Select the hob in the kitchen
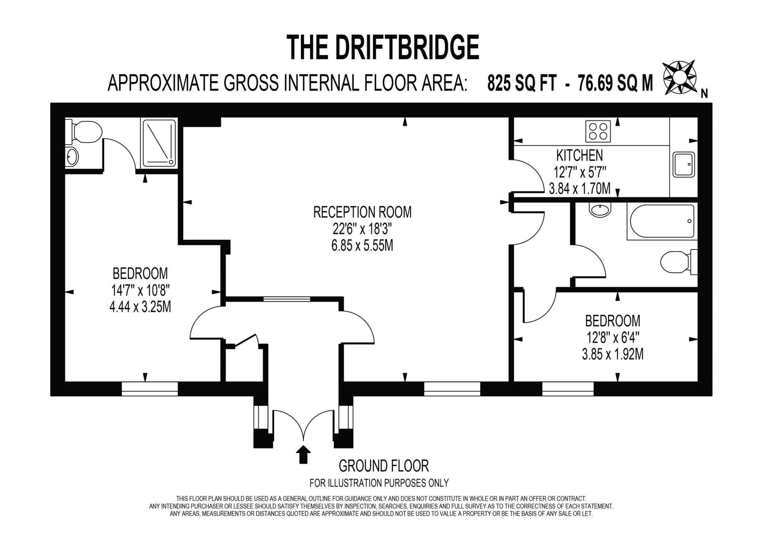click(598, 131)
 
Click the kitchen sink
click(684, 164)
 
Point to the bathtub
click(662, 221)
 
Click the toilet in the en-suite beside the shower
click(86, 132)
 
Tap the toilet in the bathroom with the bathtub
click(678, 262)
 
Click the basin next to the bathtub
click(600, 210)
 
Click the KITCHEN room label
click(579, 155)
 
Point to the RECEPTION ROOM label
click(362, 212)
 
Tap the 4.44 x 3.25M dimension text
click(140, 307)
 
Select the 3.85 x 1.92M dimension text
click(612, 354)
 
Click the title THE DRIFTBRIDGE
click(383, 47)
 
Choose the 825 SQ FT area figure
click(522, 83)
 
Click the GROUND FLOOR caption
click(383, 466)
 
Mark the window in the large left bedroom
click(150, 389)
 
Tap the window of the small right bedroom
click(567, 389)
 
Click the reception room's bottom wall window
click(452, 389)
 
